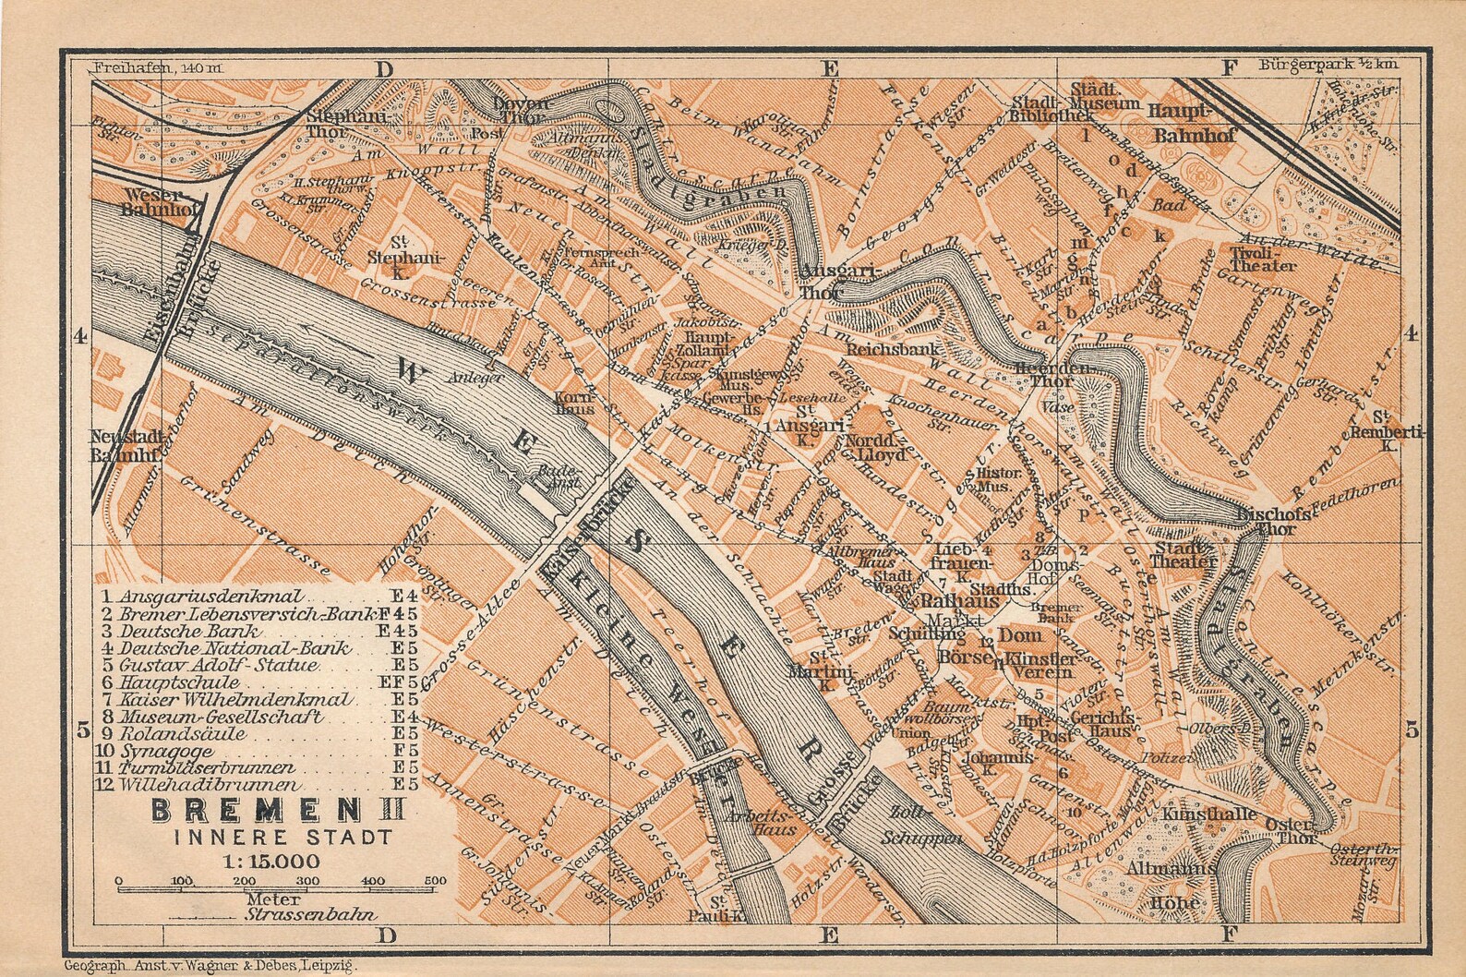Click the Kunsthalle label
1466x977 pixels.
1197,814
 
